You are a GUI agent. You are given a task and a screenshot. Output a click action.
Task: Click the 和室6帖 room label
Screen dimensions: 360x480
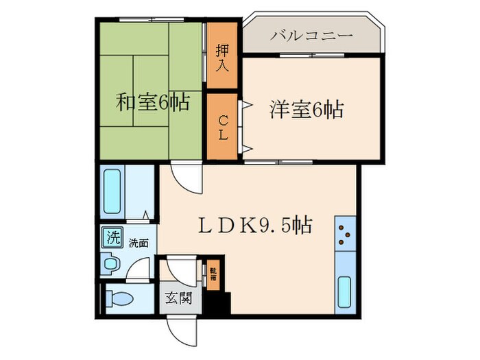153,103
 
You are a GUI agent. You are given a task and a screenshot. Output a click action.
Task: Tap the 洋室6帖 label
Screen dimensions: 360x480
307,109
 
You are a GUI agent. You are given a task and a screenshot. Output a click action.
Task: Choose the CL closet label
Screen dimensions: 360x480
223,128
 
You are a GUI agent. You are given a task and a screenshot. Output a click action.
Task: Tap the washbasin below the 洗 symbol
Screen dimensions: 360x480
109,263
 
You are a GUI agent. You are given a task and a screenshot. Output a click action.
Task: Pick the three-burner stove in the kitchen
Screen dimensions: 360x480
344,235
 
